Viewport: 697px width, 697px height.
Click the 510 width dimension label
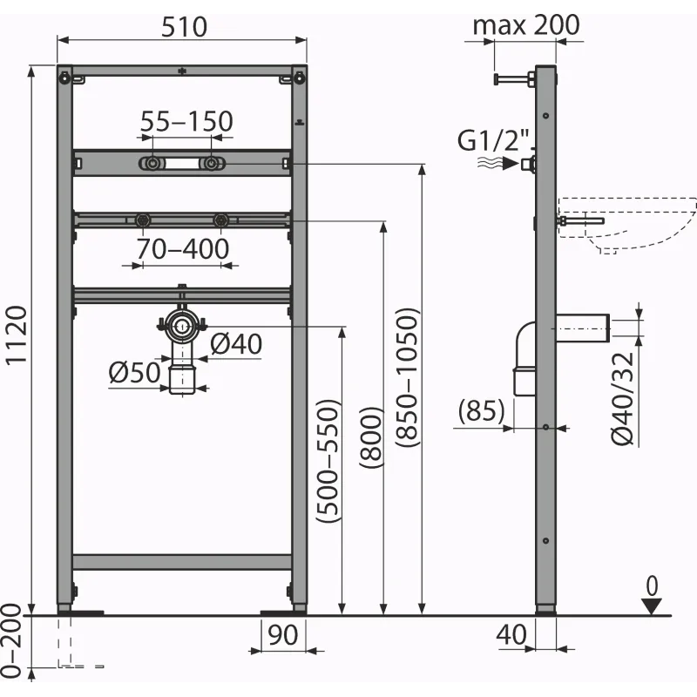(184, 27)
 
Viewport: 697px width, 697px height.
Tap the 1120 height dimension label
(17, 336)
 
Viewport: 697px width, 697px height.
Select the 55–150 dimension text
(186, 121)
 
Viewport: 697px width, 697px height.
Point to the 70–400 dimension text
(183, 248)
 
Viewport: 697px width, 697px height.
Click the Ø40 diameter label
(236, 343)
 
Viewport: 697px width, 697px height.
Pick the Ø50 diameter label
(135, 372)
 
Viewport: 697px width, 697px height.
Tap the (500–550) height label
(328, 461)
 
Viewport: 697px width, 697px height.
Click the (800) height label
(371, 437)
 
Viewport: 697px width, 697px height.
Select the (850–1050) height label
(407, 377)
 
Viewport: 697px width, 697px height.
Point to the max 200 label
(526, 25)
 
